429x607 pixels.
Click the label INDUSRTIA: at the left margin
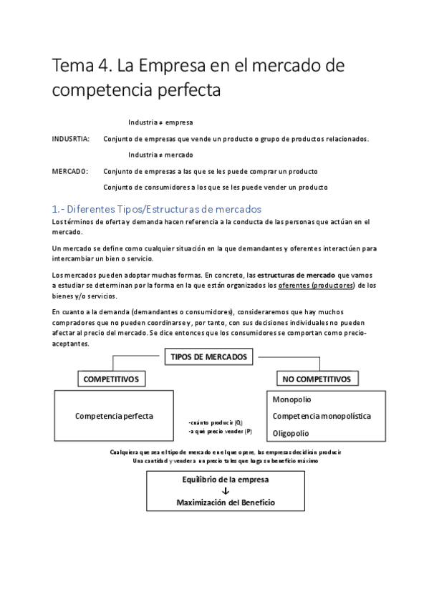pyautogui.click(x=71, y=139)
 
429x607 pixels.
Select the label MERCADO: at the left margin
pyautogui.click(x=70, y=172)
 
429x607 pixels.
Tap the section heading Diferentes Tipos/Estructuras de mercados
pyautogui.click(x=157, y=209)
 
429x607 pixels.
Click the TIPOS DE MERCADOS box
pyautogui.click(x=208, y=356)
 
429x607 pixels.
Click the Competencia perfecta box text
pyautogui.click(x=114, y=416)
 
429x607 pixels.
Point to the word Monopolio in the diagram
pyautogui.click(x=291, y=399)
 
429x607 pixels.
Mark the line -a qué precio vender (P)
pyautogui.click(x=219, y=432)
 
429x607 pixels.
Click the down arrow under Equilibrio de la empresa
pyautogui.click(x=226, y=491)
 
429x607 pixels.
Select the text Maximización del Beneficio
pyautogui.click(x=226, y=502)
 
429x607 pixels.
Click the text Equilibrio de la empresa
pyautogui.click(x=226, y=480)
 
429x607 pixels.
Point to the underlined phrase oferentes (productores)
pyautogui.click(x=317, y=286)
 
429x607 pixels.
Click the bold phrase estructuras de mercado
pyautogui.click(x=296, y=275)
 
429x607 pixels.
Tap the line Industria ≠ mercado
pyautogui.click(x=160, y=155)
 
